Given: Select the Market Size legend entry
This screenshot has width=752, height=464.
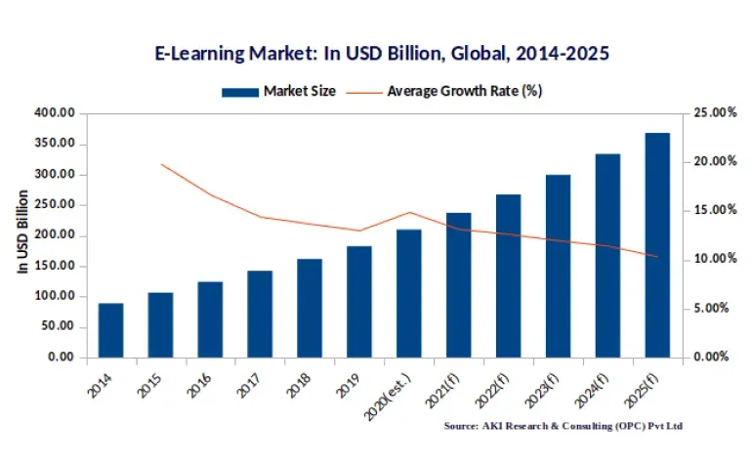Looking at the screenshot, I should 279,91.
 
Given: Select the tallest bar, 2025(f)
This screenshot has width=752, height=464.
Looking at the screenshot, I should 657,245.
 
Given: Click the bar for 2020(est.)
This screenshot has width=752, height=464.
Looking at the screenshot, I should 409,293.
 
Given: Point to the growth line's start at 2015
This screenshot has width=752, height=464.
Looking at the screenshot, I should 160,164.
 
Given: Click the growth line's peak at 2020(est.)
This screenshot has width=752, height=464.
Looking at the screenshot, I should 409,212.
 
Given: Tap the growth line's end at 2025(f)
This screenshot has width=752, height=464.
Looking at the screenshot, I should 657,257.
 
